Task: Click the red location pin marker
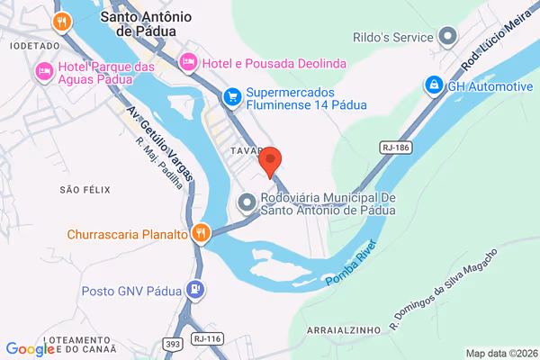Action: pos(271,161)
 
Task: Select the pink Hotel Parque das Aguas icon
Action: pos(42,70)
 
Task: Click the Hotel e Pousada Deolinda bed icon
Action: pos(188,61)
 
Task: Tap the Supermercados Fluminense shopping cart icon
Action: pos(232,94)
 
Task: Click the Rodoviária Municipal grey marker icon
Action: pos(247,203)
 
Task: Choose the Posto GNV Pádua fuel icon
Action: pos(194,290)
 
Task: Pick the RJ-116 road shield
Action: pos(207,339)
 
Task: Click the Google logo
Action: pos(30,349)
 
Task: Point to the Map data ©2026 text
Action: pos(499,352)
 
